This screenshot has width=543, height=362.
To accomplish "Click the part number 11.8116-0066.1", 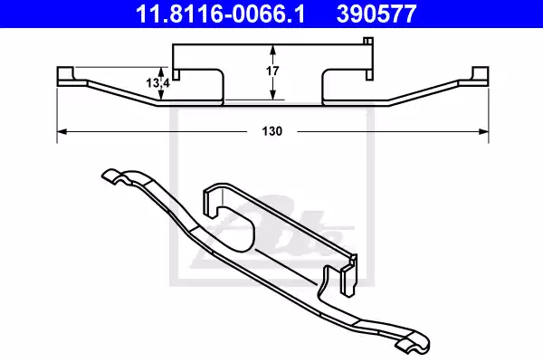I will click(210, 14).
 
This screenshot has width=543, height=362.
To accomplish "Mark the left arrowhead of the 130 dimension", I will click(62, 132).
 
